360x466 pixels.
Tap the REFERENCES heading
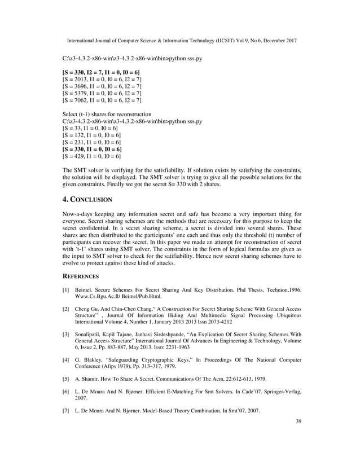(x=80, y=276)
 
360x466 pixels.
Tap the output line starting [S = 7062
(x=102, y=100)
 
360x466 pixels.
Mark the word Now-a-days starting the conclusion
(x=76, y=215)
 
